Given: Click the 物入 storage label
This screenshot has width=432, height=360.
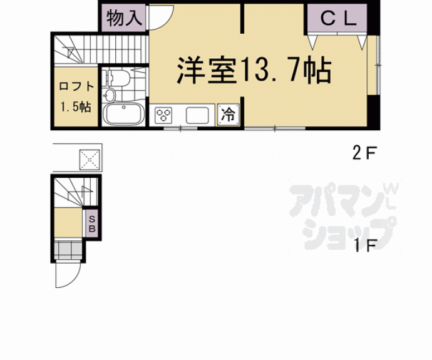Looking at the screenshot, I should click(123, 18).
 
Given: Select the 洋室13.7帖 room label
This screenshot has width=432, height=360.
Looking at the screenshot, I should click(253, 71).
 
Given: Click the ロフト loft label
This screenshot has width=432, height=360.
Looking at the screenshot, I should click(76, 87).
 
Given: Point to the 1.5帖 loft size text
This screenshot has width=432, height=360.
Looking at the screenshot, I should click(76, 106).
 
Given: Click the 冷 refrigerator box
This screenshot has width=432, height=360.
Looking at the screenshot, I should click(229, 115).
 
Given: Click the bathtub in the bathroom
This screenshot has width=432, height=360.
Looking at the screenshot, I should click(123, 115).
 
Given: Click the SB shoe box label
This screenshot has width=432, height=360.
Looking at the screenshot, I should click(91, 224).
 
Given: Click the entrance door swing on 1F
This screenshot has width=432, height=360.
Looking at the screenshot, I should click(67, 273).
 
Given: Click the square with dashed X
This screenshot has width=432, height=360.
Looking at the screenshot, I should click(90, 160).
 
